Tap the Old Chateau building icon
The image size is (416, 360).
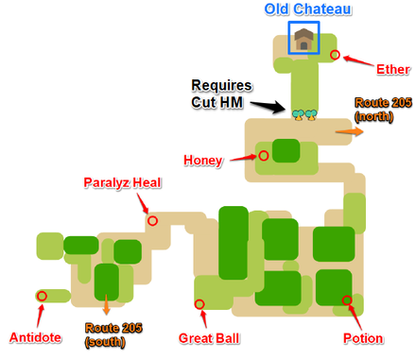point(303,39)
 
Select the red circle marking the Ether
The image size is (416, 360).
point(336,56)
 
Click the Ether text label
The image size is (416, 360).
point(392,68)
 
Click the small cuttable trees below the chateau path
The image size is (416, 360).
point(303,114)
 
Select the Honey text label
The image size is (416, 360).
point(204,161)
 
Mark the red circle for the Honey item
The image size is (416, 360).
point(264,156)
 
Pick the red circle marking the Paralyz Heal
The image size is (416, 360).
point(151,221)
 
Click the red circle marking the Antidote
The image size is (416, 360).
point(42,296)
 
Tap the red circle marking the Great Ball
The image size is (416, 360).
point(199,304)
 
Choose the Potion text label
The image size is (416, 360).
point(364,337)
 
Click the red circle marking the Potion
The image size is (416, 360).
point(347,300)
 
